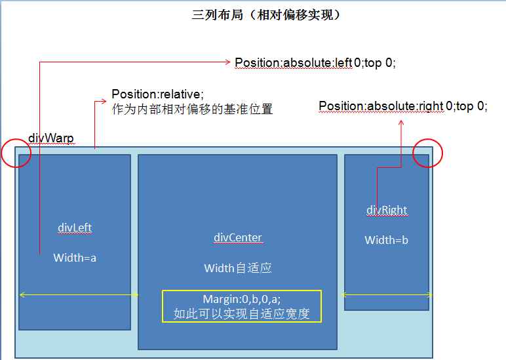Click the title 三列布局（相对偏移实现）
266,15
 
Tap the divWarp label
51,138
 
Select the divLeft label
75,228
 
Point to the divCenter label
238,237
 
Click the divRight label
387,210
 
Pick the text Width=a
75,258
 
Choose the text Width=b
387,240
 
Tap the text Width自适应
238,268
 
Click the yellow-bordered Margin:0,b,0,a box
242,306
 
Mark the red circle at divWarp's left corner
17,153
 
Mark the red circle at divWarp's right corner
428,153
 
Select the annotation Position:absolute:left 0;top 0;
315,63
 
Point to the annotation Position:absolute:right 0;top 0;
403,106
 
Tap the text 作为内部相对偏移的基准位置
192,110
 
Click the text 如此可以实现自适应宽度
241,313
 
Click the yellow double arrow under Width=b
387,294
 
